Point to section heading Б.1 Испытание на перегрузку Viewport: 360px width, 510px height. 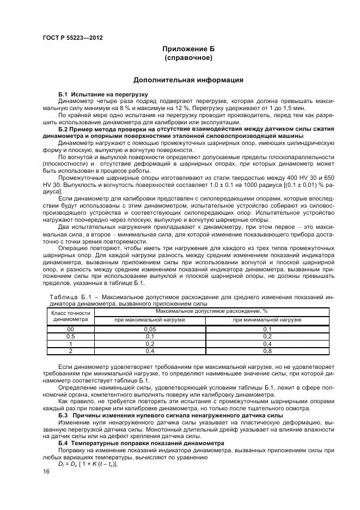click(96, 94)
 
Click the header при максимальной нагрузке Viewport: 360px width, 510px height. click(150, 320)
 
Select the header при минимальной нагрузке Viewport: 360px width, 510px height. click(267, 320)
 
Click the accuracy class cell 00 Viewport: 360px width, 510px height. click(70, 330)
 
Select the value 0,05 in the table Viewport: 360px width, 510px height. click(150, 330)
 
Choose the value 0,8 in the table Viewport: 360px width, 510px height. click(267, 351)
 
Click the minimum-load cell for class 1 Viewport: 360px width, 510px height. click(267, 344)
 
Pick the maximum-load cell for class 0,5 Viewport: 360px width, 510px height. click(150, 337)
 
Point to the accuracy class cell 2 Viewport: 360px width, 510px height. click(70, 351)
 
